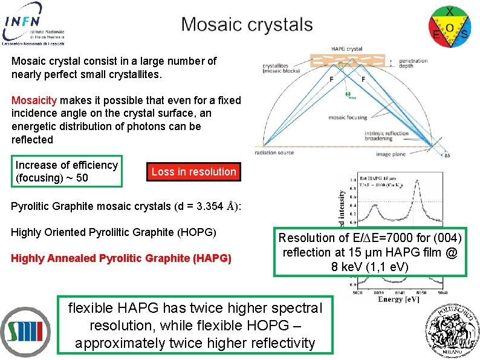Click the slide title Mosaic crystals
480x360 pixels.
(x=247, y=25)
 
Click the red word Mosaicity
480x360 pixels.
(x=34, y=100)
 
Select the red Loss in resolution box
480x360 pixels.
(x=193, y=172)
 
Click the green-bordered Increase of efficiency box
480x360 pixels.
(x=67, y=171)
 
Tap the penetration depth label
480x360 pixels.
(x=413, y=64)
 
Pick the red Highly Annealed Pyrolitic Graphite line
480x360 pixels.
(x=121, y=258)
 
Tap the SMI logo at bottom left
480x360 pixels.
(x=25, y=332)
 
